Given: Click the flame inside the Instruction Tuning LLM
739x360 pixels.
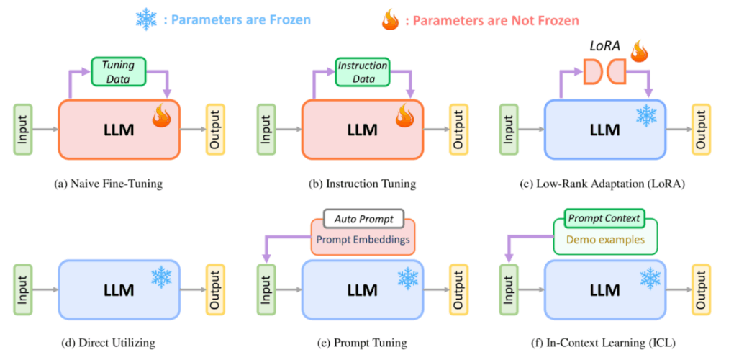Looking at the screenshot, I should click(404, 115).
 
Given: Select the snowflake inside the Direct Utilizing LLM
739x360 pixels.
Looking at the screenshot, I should click(160, 277).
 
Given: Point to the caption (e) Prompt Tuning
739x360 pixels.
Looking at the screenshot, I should click(363, 343).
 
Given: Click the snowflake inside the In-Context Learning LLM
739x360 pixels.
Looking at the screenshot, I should click(650, 277).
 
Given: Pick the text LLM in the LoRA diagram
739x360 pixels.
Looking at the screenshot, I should click(604, 130).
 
